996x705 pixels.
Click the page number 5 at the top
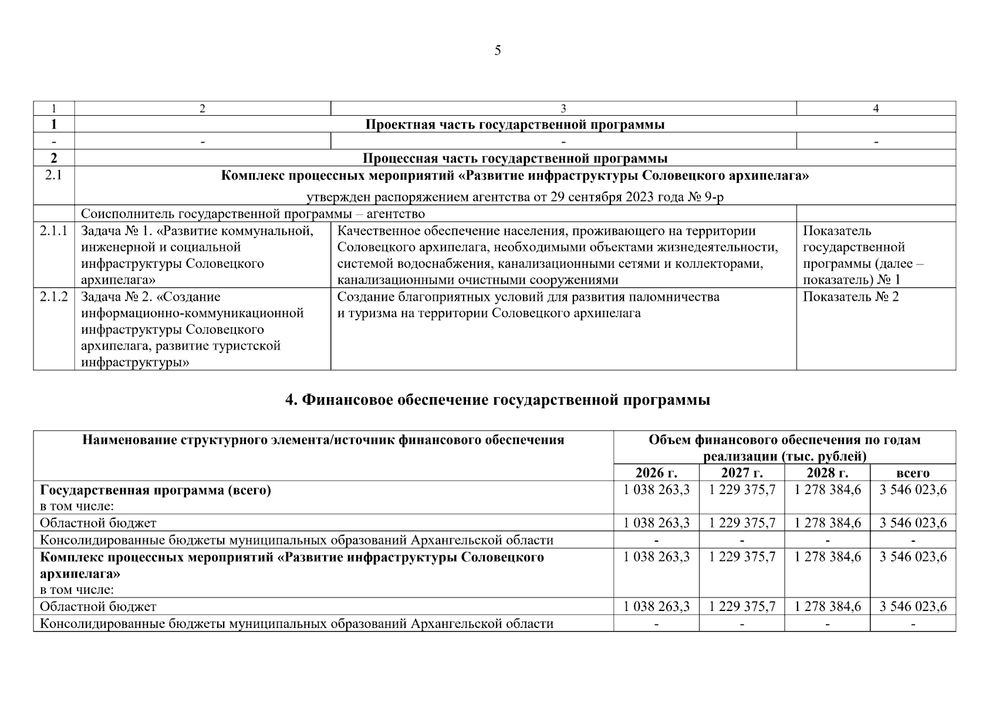coord(498,51)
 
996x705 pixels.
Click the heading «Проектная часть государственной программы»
coord(515,125)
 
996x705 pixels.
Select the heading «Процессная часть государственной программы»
coord(515,159)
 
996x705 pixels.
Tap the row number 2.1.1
coord(53,231)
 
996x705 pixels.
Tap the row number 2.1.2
coord(53,297)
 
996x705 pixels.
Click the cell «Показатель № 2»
coord(850,297)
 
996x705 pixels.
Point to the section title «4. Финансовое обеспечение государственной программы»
coord(498,400)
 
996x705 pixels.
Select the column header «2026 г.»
coord(656,473)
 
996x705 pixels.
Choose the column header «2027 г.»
coord(741,473)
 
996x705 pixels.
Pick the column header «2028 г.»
coord(827,473)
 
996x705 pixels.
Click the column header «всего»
coord(913,473)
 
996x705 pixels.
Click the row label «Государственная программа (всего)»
coord(156,490)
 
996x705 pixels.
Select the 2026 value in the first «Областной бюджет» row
coord(656,523)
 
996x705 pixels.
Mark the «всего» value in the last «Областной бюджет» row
coord(913,606)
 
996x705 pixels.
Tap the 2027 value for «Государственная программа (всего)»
coord(742,490)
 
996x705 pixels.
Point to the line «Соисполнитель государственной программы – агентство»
coord(252,214)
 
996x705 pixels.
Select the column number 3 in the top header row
coord(563,109)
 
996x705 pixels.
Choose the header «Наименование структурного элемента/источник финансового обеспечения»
coord(323,440)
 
